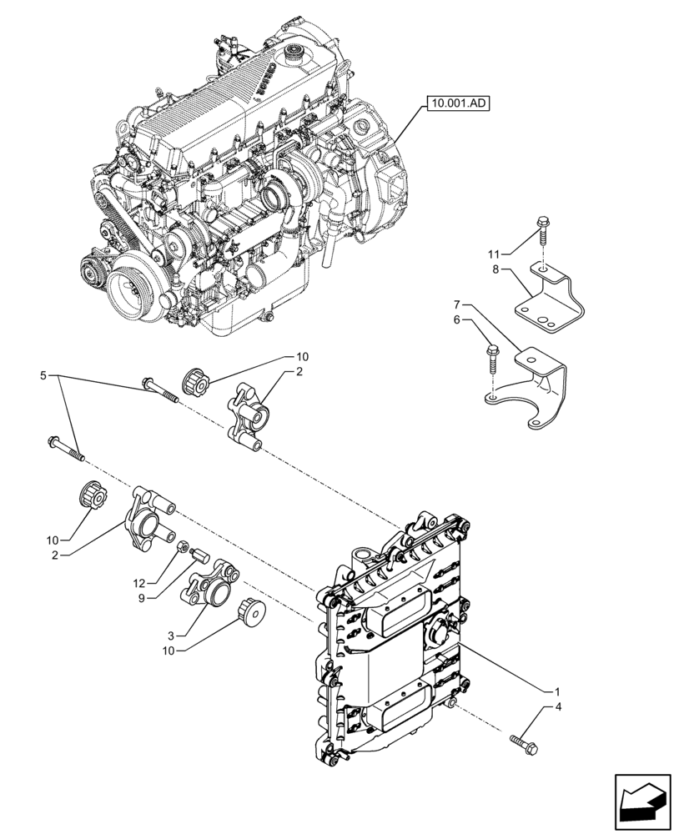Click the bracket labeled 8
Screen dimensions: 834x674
coord(551,296)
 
